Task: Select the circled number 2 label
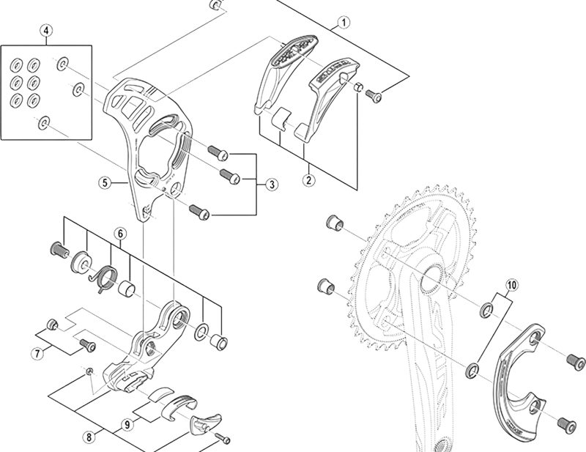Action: (308, 179)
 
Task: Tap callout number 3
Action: (271, 184)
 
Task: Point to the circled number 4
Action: (46, 32)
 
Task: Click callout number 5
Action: (105, 183)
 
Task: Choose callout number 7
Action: (37, 354)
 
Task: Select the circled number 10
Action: (511, 282)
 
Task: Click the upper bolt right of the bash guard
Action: (574, 359)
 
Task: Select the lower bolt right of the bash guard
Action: (564, 423)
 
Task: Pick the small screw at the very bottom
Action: (223, 440)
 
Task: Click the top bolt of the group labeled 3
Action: (218, 152)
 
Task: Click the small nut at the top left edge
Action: (215, 4)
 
